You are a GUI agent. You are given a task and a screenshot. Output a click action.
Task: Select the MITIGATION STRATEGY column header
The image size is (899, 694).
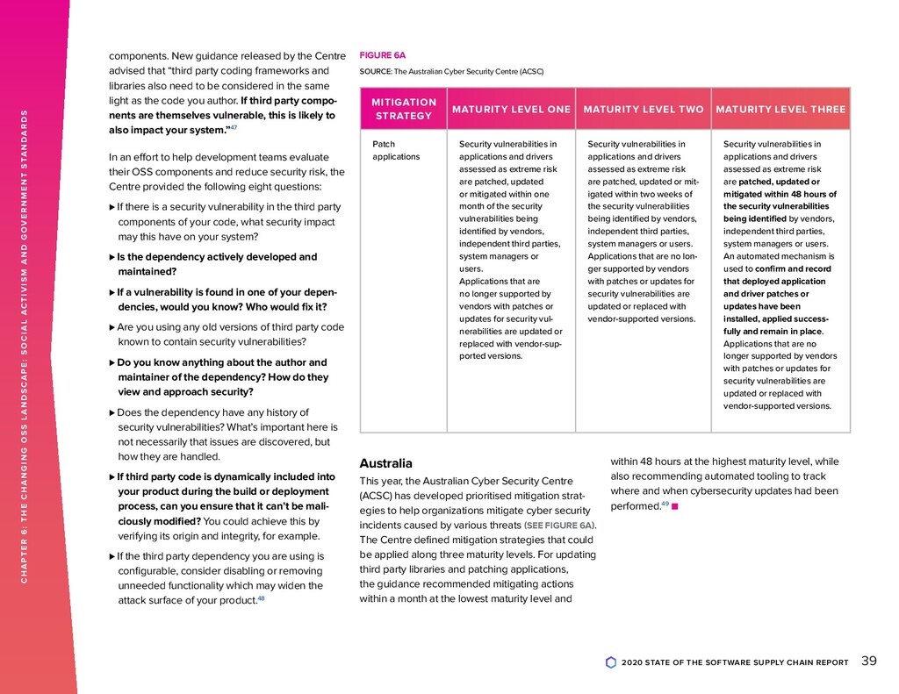pyautogui.click(x=403, y=109)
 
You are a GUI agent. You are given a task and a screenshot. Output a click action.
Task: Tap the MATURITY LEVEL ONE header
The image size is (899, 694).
pyautogui.click(x=511, y=110)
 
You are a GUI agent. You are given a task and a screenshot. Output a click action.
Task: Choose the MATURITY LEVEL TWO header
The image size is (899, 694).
pyautogui.click(x=643, y=110)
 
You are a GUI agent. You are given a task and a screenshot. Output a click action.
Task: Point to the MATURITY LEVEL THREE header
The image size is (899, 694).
pyautogui.click(x=780, y=110)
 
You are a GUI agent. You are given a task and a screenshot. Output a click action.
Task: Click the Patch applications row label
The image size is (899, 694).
pyautogui.click(x=396, y=150)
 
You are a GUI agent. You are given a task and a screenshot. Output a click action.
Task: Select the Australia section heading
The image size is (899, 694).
pyautogui.click(x=385, y=463)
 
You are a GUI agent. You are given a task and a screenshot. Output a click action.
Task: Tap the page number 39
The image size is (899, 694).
pyautogui.click(x=869, y=662)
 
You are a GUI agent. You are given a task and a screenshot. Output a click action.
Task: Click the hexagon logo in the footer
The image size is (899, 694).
pyautogui.click(x=611, y=662)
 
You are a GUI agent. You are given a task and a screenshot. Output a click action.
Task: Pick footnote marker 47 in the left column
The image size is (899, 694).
pyautogui.click(x=233, y=128)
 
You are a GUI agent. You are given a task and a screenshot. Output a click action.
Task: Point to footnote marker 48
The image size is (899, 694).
pyautogui.click(x=261, y=598)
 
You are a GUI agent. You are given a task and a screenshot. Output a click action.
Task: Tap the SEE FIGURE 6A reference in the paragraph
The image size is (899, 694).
pyautogui.click(x=558, y=526)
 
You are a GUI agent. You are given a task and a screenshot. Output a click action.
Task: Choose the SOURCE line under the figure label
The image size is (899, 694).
pyautogui.click(x=451, y=71)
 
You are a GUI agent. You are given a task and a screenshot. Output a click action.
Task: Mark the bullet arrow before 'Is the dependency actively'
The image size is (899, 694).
pyautogui.click(x=111, y=258)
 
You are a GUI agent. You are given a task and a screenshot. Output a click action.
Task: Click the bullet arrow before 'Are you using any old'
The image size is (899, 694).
pyautogui.click(x=111, y=327)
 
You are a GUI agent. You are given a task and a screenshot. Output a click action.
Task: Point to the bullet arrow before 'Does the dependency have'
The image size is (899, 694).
pyautogui.click(x=111, y=412)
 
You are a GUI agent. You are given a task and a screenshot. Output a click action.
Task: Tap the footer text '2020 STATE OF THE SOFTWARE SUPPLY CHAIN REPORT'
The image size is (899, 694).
pyautogui.click(x=734, y=662)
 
